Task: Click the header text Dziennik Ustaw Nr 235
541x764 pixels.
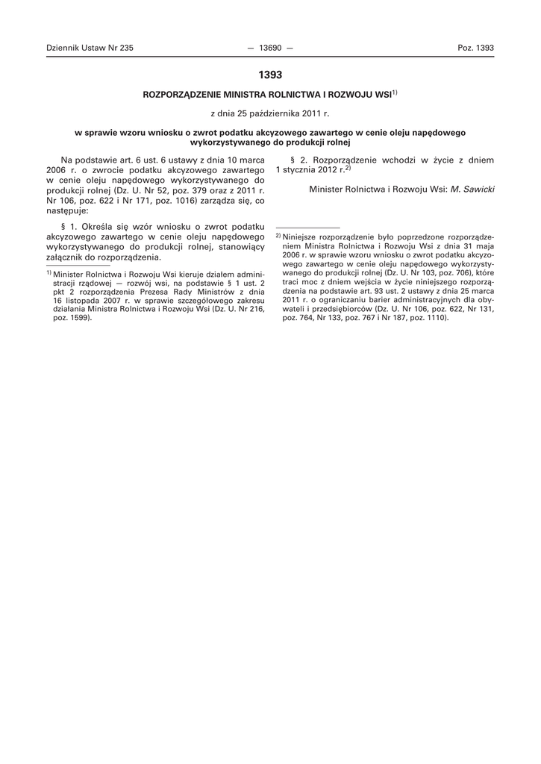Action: [90, 48]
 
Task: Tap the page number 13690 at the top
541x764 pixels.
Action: [269, 48]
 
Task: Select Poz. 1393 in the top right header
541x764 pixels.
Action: [475, 48]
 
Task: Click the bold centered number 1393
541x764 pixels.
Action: [270, 75]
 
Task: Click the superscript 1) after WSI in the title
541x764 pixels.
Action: [395, 93]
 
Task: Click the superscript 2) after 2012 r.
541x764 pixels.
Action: [347, 169]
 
